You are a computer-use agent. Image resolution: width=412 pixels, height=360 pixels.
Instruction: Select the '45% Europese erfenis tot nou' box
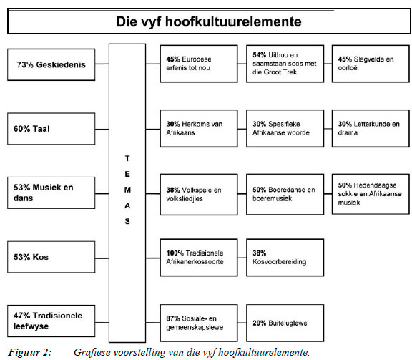pos(197,64)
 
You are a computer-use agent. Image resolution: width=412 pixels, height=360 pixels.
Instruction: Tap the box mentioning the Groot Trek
pos(282,64)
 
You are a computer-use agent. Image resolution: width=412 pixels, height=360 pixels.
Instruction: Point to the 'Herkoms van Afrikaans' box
pos(197,129)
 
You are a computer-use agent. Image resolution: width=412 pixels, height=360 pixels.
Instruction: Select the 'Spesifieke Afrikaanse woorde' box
pos(282,129)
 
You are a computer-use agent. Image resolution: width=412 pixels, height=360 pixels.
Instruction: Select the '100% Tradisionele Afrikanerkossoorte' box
pos(197,257)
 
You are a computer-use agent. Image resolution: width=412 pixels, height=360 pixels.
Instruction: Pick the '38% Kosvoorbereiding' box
pos(282,257)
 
